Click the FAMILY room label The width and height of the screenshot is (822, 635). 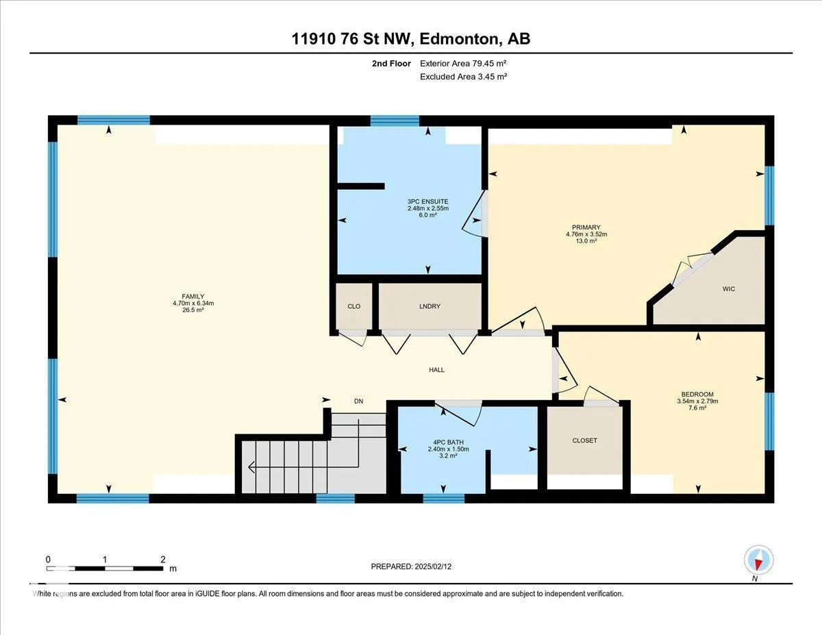click(x=193, y=297)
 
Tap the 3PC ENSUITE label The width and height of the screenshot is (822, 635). click(x=428, y=201)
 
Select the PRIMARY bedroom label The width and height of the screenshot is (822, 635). click(x=586, y=227)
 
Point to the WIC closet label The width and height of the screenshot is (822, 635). click(x=729, y=289)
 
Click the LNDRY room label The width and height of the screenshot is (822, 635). click(x=429, y=306)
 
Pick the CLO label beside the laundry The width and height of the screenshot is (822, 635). click(x=354, y=306)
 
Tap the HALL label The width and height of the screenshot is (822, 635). click(x=436, y=370)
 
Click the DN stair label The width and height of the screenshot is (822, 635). click(x=359, y=401)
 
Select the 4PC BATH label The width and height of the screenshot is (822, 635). click(x=448, y=442)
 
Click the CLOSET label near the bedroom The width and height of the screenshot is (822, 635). click(x=585, y=440)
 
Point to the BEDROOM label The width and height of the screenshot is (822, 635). click(x=697, y=394)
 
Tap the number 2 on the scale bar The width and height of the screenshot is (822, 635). click(x=162, y=560)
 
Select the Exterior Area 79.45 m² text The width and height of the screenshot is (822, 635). click(x=463, y=63)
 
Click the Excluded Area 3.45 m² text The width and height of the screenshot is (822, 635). click(x=463, y=77)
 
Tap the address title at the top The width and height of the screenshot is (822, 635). click(x=411, y=39)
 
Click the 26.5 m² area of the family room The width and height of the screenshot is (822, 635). click(x=193, y=310)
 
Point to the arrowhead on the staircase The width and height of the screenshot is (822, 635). click(x=251, y=468)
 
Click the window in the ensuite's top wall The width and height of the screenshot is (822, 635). click(x=395, y=121)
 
